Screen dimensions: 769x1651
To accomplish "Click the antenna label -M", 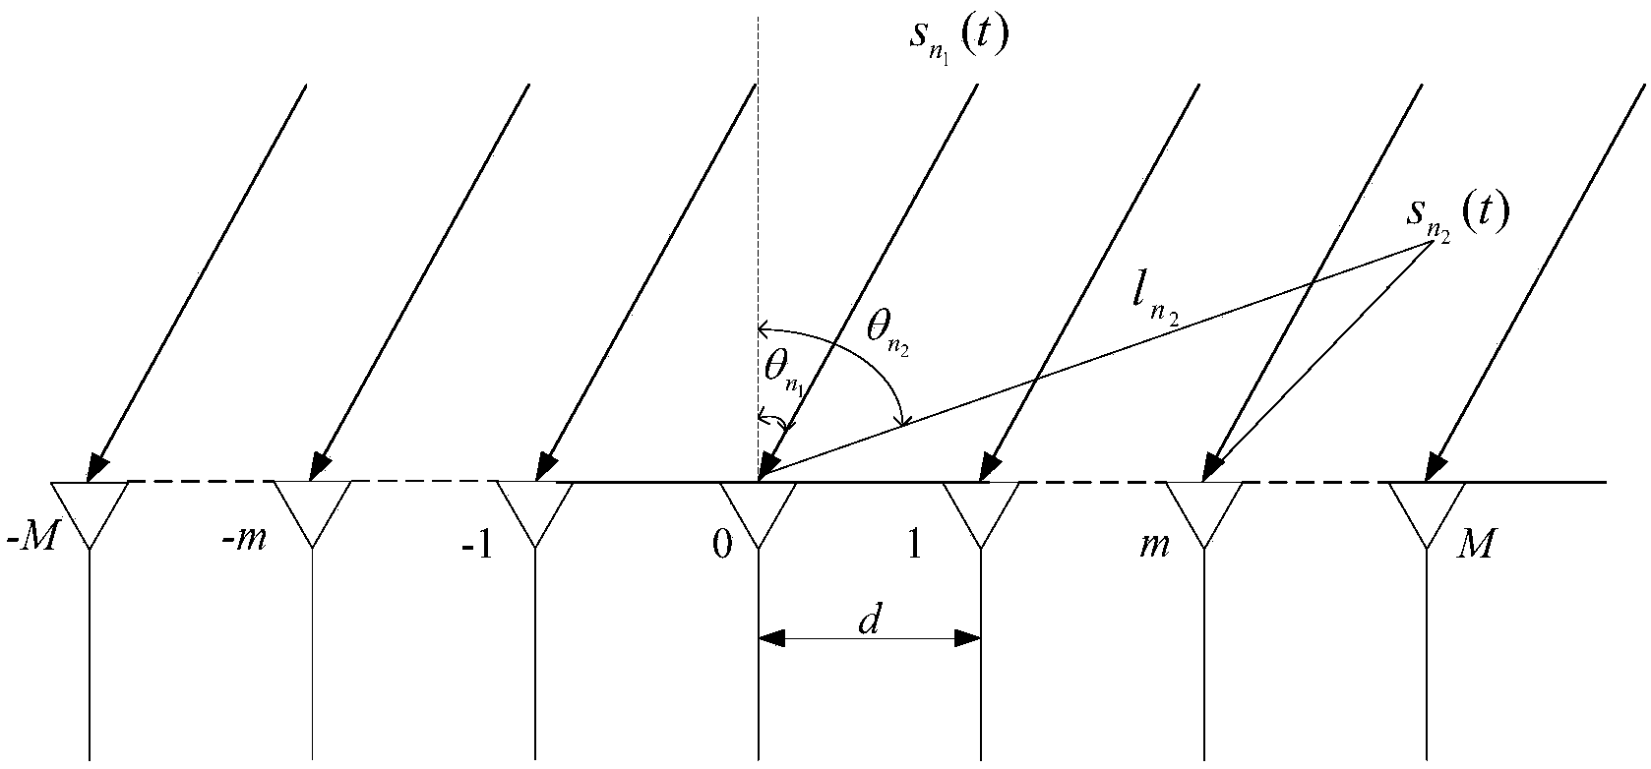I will click(30, 544).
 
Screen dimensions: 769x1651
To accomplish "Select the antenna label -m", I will click(245, 540).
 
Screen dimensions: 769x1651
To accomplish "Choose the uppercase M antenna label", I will click(1476, 544).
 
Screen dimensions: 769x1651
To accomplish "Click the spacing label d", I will click(869, 621).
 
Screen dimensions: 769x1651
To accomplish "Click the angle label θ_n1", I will click(784, 372).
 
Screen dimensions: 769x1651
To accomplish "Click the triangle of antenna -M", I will click(90, 506).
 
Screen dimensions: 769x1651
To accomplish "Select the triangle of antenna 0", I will click(758, 506).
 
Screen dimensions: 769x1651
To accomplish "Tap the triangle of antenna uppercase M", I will click(1427, 506).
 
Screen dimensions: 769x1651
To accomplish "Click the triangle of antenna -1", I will click(535, 506).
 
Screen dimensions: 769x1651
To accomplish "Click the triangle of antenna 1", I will click(981, 506).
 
